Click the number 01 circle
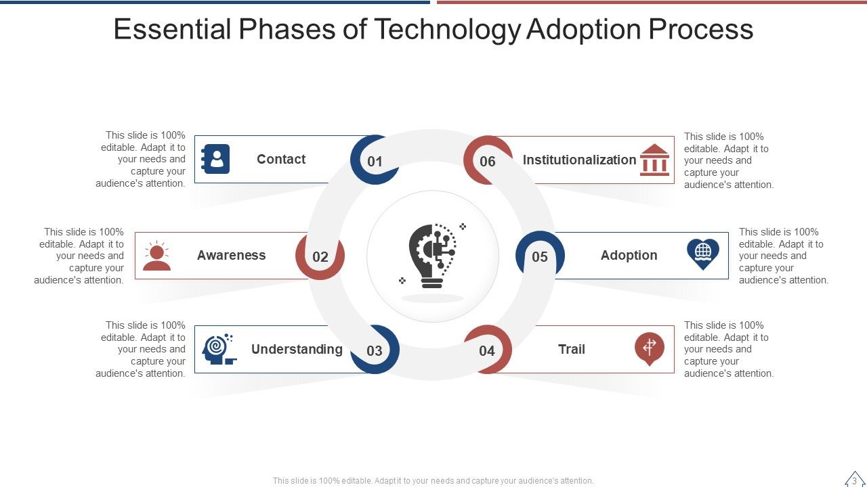coord(375,161)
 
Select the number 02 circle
coord(320,256)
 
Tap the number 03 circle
coord(375,350)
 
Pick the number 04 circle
coord(487,350)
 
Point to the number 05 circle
coord(540,256)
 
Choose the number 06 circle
coord(488,161)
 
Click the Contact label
coord(281,160)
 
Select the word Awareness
coord(231,255)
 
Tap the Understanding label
coord(297,349)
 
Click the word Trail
coord(572,349)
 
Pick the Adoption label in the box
coord(629,255)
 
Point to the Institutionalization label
coord(579,160)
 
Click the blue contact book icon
coord(216,160)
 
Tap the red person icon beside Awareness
coord(157,256)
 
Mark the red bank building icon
coord(654,160)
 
